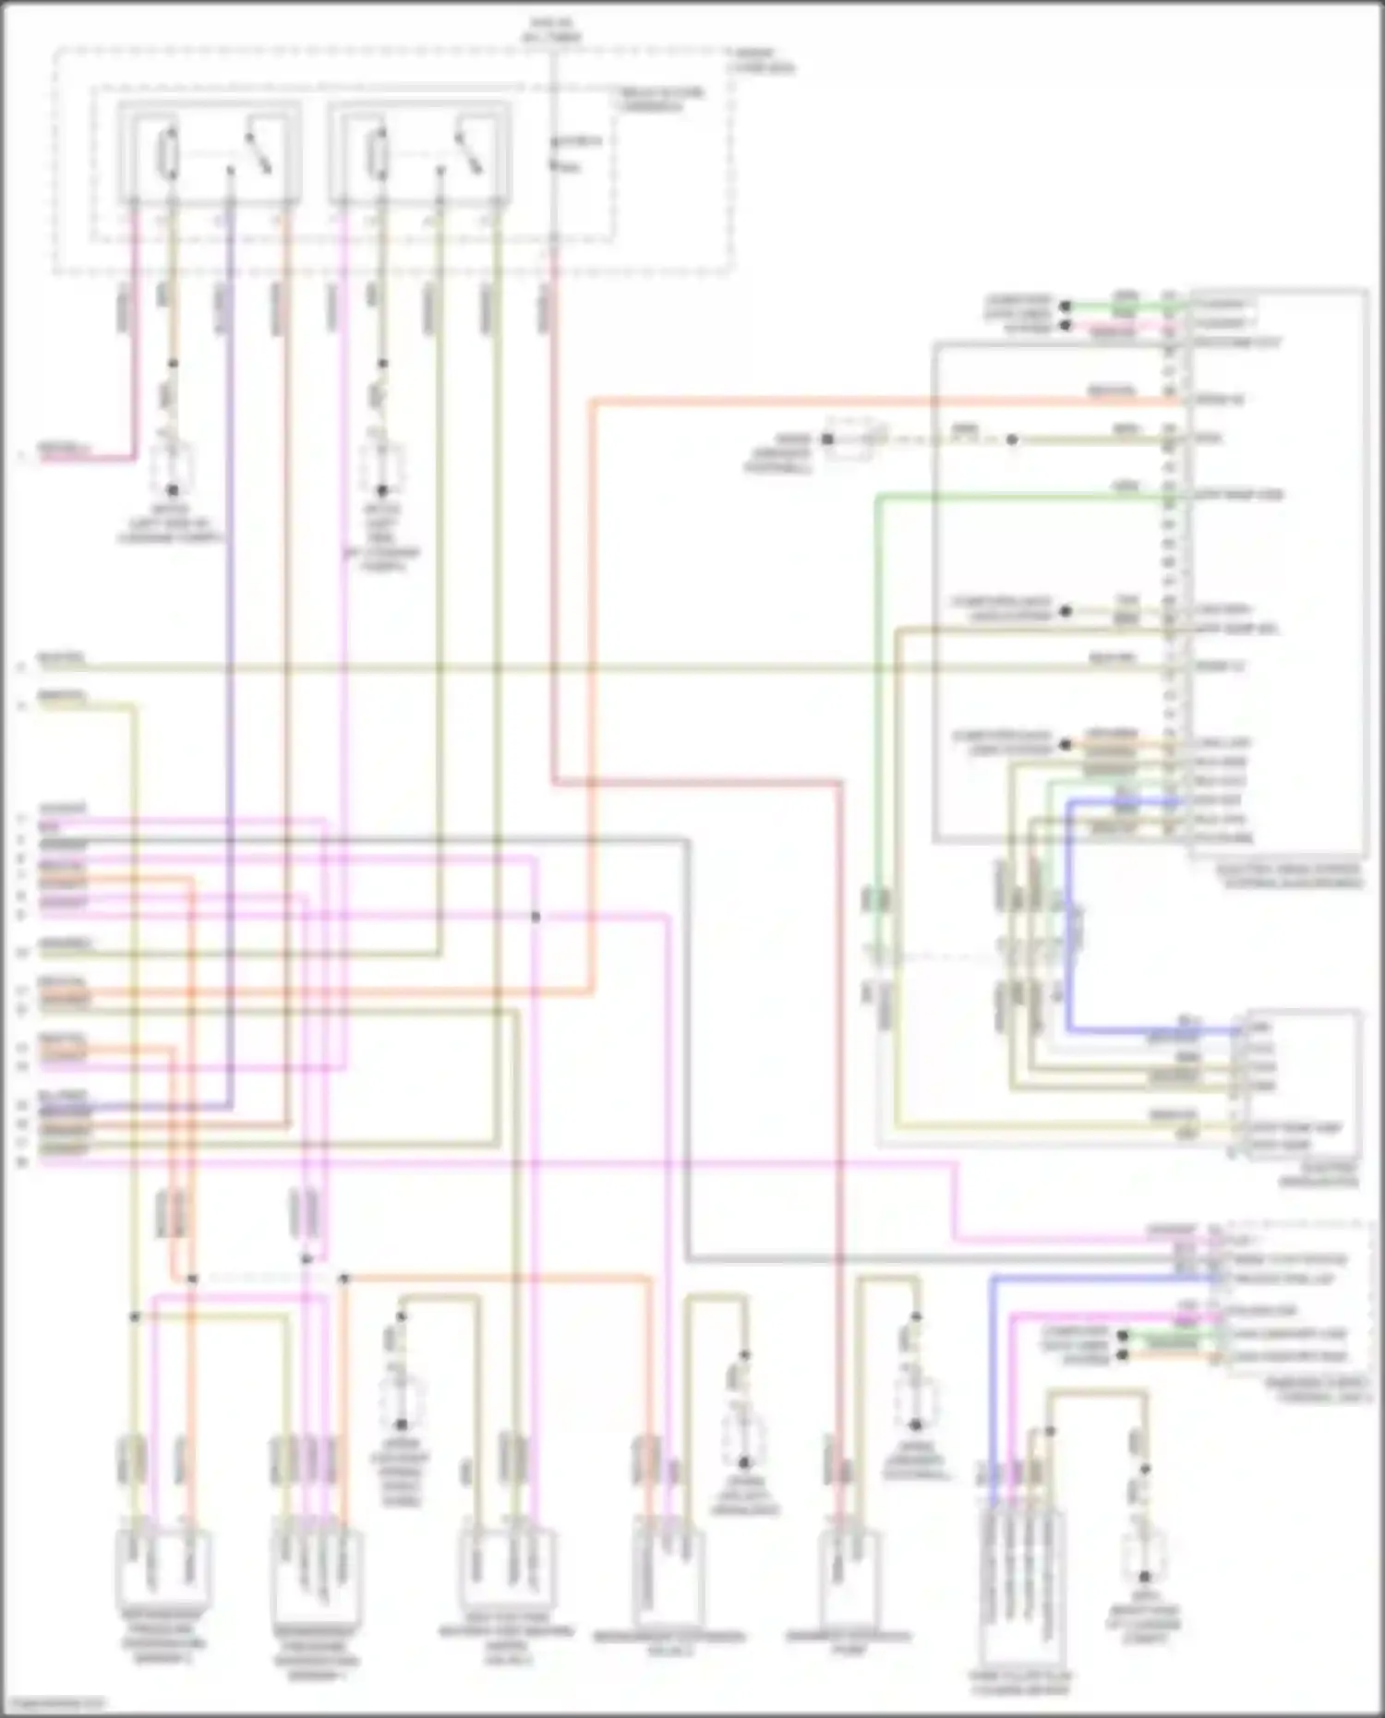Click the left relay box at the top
click(x=209, y=152)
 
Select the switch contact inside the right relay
click(x=466, y=152)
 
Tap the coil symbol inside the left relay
click(x=170, y=152)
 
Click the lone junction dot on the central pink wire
click(x=536, y=917)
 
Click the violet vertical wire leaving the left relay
click(x=229, y=646)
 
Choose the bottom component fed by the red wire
click(x=848, y=1574)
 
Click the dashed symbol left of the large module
click(x=854, y=439)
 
